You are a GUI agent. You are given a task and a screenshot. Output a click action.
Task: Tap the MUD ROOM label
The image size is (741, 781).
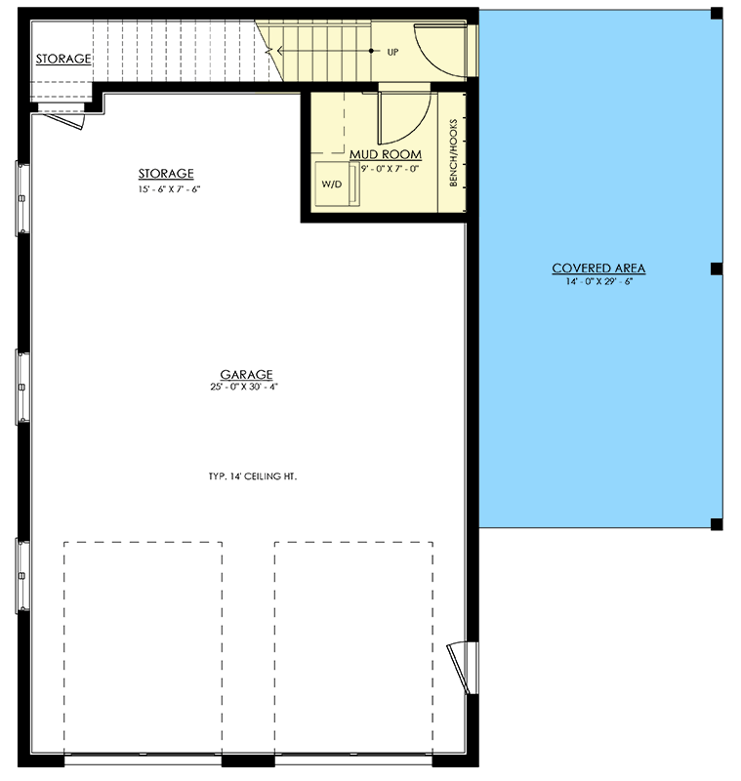tap(386, 154)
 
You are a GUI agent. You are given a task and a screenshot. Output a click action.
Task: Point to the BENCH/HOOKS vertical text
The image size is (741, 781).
tap(453, 152)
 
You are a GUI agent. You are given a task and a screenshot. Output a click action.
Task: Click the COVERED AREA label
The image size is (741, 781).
tap(598, 268)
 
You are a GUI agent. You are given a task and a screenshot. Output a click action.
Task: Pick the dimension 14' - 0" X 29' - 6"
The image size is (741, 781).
tap(598, 282)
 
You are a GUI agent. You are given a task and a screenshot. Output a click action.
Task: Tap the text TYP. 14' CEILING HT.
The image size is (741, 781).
tap(252, 477)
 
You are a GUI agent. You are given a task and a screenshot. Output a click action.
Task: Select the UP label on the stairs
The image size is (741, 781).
tap(392, 51)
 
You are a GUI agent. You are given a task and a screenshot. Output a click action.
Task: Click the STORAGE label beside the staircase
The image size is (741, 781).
tap(63, 59)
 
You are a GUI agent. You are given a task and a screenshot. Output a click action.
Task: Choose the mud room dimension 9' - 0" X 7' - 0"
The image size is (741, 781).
tap(390, 168)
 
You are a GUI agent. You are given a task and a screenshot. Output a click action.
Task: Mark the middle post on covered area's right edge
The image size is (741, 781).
tap(716, 268)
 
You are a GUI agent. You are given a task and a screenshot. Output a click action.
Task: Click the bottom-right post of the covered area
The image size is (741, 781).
tap(716, 524)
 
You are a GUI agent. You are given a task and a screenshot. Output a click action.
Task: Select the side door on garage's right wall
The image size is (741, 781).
tap(458, 668)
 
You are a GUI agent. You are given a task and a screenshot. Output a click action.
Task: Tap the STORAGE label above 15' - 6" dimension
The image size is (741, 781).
tap(165, 174)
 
